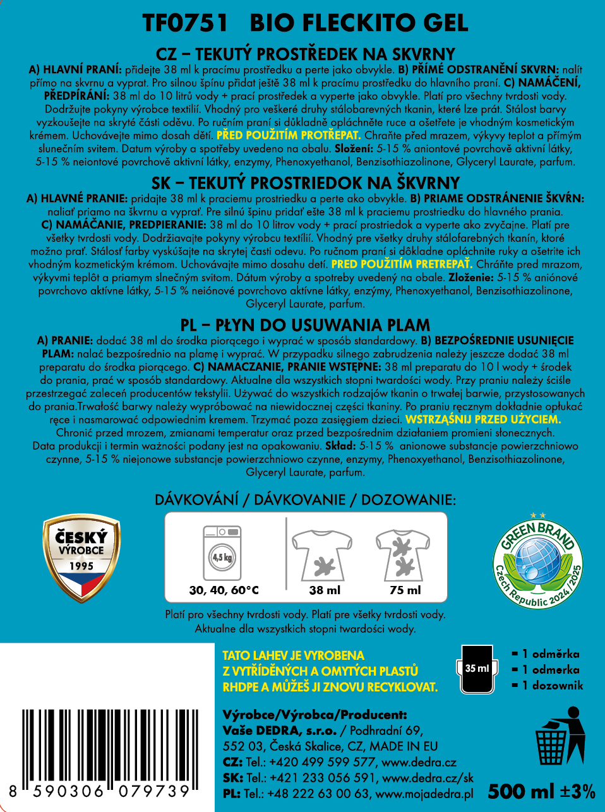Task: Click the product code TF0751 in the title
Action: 184,23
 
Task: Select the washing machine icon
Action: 222,553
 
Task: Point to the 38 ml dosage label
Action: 325,590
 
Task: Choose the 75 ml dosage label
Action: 405,590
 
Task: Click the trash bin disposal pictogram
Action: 560,736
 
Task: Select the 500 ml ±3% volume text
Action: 541,791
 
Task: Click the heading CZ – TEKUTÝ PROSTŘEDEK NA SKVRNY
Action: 306,54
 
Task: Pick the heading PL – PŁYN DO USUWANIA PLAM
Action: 305,325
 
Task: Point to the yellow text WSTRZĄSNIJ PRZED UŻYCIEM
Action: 483,419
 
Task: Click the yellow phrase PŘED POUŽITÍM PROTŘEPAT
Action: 288,135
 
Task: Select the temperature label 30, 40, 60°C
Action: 224,590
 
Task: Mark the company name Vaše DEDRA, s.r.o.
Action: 279,731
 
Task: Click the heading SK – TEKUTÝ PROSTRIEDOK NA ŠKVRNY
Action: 306,183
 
